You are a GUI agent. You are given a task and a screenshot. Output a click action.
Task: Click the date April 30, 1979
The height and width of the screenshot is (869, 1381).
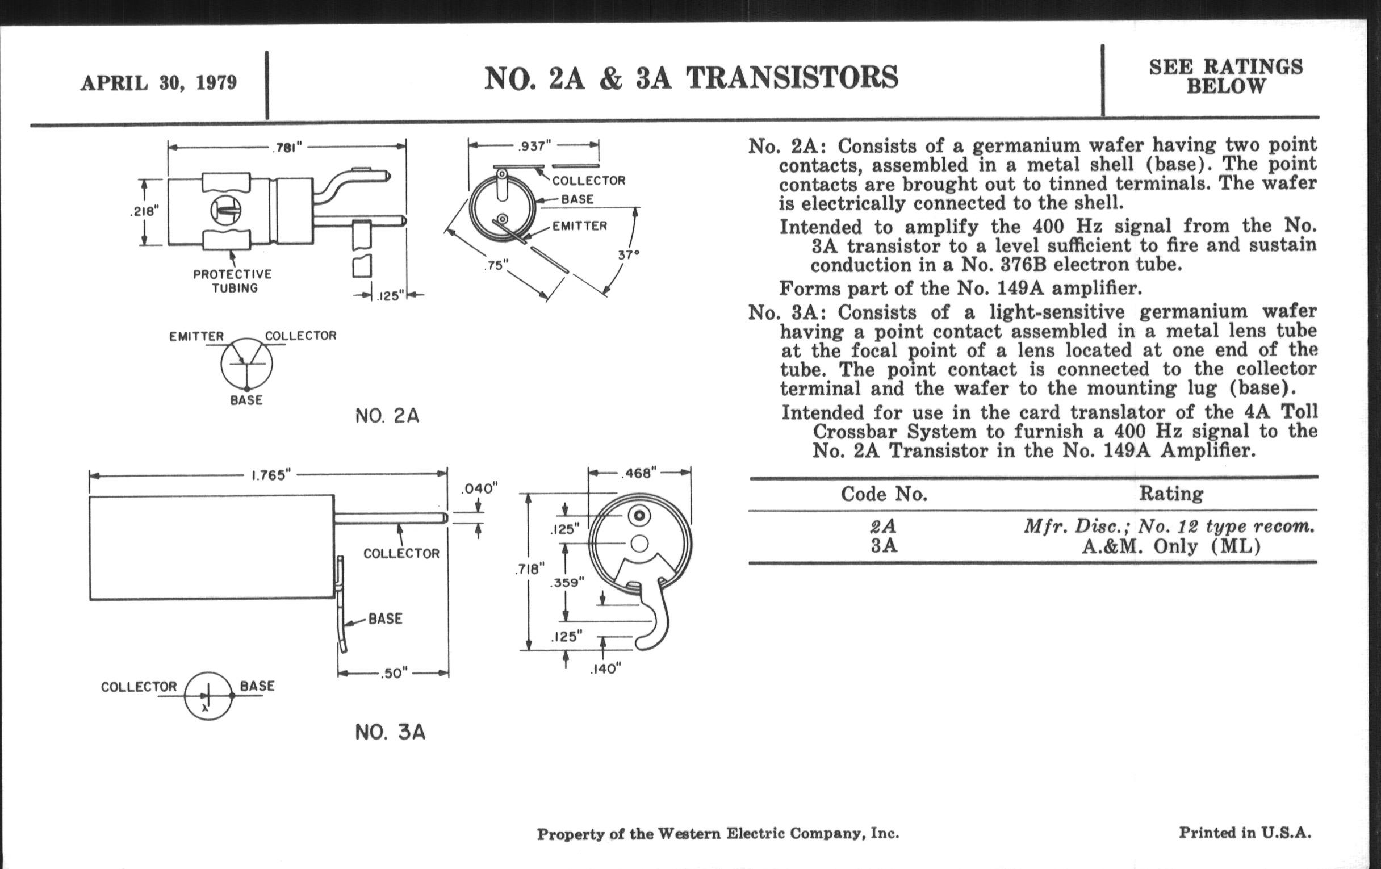point(158,83)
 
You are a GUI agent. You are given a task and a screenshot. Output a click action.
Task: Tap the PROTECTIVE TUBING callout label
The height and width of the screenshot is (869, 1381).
point(233,281)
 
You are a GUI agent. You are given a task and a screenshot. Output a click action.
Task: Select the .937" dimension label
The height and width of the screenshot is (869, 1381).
point(533,147)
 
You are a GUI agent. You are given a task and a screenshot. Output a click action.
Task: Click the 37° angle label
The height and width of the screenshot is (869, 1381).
point(629,254)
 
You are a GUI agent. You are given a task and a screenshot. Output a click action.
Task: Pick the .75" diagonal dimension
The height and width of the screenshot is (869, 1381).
point(496,266)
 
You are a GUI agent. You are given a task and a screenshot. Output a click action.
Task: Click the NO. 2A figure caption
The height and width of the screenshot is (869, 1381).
point(387,416)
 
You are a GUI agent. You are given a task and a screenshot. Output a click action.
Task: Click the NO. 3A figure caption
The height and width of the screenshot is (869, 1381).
point(390,733)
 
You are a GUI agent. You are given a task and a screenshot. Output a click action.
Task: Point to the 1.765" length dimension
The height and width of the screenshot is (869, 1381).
point(271,475)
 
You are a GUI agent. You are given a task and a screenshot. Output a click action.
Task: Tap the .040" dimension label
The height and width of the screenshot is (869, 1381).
point(479,488)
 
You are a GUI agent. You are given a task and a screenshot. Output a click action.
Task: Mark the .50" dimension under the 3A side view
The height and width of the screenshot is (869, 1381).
point(395,673)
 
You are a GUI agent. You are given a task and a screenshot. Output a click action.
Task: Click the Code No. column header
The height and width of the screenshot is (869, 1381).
point(884,494)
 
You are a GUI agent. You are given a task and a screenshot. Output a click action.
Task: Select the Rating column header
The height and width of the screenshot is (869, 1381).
point(1170,494)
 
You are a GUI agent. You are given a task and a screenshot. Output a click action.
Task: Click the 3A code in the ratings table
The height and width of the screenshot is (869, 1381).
point(884,545)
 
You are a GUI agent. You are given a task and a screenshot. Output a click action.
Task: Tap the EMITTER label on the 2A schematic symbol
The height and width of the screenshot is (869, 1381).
point(196,336)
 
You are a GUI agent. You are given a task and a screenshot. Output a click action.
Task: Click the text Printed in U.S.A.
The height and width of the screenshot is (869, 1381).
point(1245,832)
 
